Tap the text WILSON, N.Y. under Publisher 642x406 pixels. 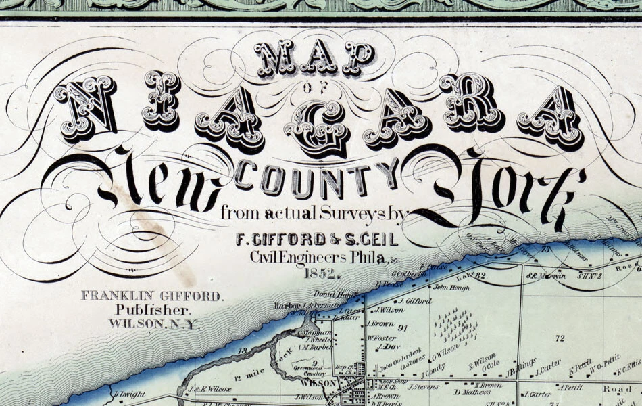155,324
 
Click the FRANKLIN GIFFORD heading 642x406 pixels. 151,296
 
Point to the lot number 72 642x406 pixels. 559,337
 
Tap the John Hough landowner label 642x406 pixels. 450,287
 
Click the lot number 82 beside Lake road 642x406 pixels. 480,275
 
